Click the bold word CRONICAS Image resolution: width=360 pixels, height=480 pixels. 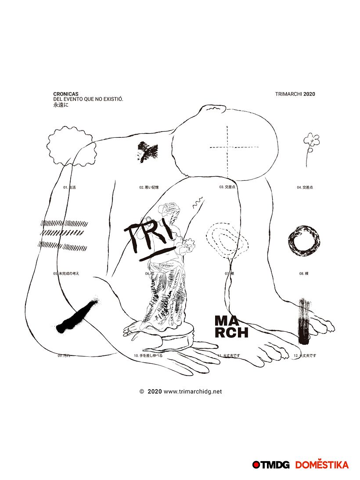coord(66,94)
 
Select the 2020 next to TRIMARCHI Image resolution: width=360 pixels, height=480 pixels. coord(309,94)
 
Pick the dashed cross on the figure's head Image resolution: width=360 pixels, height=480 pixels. coord(227,147)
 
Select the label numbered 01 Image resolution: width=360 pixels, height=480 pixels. coord(69,187)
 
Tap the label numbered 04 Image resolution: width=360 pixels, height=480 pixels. coord(305,187)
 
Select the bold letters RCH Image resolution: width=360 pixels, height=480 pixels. coord(231,333)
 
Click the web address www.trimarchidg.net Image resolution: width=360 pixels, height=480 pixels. coord(193,391)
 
